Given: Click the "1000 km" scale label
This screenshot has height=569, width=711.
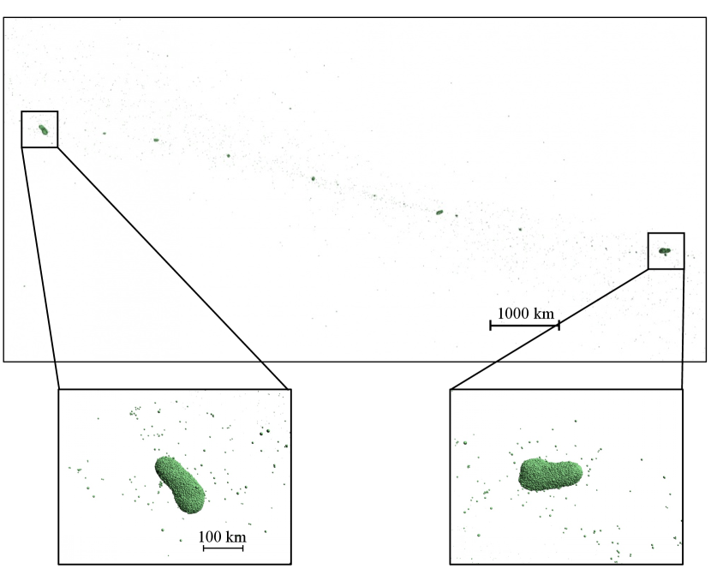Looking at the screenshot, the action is coord(526,313).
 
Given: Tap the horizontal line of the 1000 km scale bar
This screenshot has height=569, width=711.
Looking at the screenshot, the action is coord(524,326).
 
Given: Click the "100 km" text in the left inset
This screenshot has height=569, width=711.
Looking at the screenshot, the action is coord(222,536).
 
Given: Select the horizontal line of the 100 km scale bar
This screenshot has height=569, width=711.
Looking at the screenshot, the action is coord(223,548).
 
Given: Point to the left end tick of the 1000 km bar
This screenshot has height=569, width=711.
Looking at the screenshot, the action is coord(491,326).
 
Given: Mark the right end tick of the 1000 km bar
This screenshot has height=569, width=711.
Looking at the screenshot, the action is coord(559,326).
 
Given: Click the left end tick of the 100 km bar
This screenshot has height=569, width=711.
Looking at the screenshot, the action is coord(204,548).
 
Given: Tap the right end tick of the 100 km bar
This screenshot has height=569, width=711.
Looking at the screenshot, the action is coord(243,548).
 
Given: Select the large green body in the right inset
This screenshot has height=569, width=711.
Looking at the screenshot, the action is coord(550,475).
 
